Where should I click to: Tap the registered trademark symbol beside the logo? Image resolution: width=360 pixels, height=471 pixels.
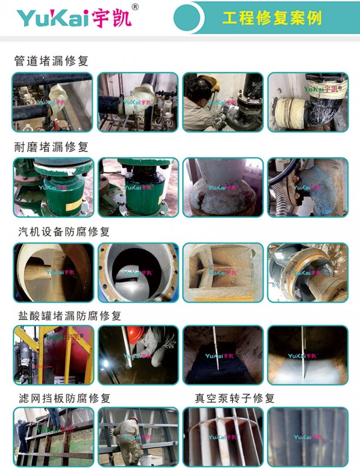[136, 7]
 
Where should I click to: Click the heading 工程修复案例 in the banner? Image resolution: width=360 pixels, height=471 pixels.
[272, 18]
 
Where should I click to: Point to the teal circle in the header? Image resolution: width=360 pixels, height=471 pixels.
[187, 18]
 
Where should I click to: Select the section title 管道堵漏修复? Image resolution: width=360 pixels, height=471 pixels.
[51, 61]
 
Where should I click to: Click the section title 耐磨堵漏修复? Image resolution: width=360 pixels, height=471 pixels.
[51, 147]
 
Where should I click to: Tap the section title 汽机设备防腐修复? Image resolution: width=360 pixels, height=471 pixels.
[64, 231]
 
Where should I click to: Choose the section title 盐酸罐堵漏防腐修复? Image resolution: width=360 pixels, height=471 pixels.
[69, 316]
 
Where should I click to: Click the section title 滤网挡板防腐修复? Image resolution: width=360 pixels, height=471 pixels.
[65, 399]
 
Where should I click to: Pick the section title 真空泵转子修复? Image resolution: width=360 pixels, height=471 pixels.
[235, 399]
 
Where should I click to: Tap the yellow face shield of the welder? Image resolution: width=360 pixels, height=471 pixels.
[215, 84]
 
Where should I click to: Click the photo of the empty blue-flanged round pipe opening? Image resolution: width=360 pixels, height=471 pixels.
[138, 273]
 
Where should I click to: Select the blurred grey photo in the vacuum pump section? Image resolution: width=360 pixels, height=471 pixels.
[308, 437]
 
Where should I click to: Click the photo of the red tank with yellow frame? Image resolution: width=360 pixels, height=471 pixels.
[54, 355]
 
